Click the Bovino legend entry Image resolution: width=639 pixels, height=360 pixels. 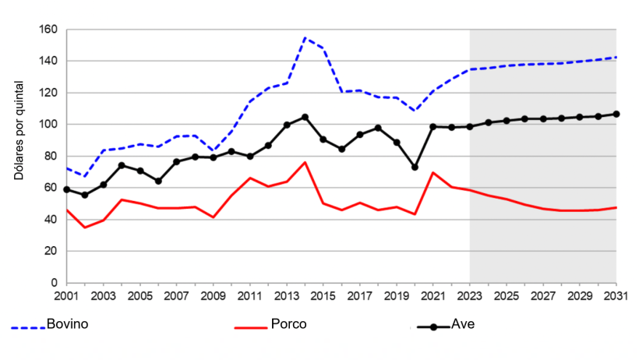pos(66,324)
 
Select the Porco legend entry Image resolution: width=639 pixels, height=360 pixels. pos(289,324)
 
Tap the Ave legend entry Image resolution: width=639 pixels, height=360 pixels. pos(462,324)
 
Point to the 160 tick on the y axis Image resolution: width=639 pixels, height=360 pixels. pos(48,30)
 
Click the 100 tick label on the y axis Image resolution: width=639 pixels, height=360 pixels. pos(48,125)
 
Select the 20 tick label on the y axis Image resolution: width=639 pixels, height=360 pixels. pos(51,251)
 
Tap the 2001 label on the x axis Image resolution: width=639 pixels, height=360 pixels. pos(67,297)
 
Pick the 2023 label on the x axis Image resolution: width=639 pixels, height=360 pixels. pos(470,297)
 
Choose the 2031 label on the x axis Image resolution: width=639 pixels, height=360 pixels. pos(616,297)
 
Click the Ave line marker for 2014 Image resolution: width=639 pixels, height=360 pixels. pos(305,117)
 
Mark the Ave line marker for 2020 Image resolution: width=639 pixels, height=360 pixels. pos(415,168)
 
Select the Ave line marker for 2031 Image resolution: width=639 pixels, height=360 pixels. pos(616,114)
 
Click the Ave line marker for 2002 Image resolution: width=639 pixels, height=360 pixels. pos(85,195)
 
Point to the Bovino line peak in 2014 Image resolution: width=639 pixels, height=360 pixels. pos(305,37)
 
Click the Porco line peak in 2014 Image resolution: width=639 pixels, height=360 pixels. pos(305,162)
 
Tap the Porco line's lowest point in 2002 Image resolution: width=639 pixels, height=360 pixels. pos(85,227)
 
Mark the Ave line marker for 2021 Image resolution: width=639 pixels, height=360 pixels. pos(433,126)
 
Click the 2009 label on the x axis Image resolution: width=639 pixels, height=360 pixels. pos(214,297)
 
